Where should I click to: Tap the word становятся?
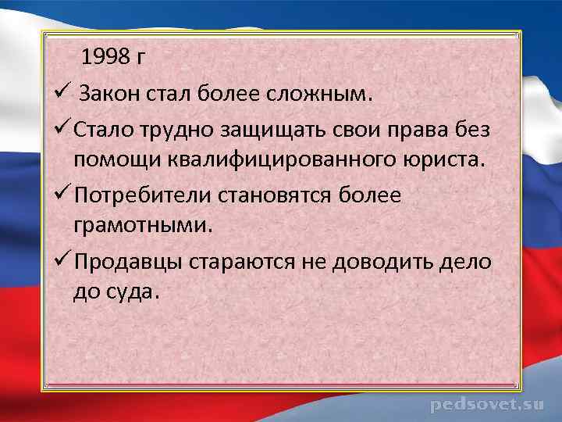tap(286, 195)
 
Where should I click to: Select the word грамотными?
tap(141, 227)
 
